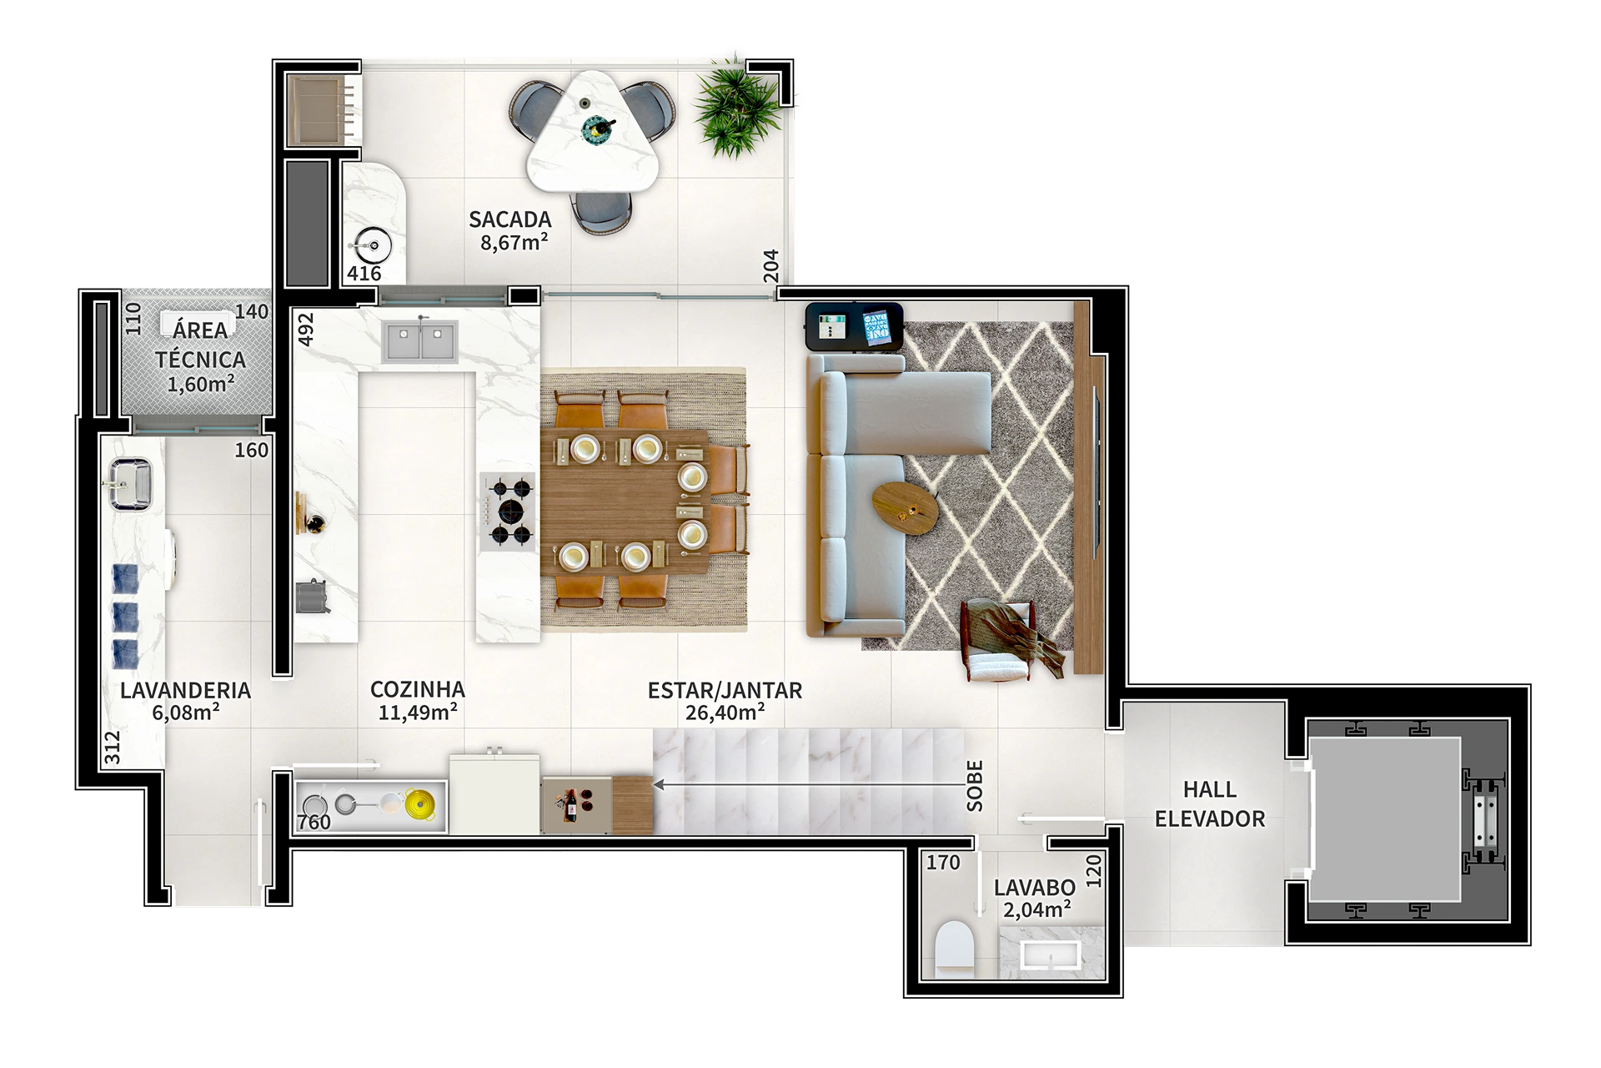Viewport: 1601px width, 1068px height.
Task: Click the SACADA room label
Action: [509, 220]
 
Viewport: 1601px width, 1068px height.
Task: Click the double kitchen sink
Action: [419, 342]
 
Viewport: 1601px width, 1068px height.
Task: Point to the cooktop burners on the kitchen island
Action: [509, 510]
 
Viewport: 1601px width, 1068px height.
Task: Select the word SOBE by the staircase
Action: [976, 786]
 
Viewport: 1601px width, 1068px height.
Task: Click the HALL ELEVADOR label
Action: [1209, 804]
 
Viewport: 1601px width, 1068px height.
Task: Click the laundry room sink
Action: [128, 483]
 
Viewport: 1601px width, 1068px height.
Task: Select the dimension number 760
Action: [314, 823]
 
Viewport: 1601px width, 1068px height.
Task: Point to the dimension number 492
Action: [305, 330]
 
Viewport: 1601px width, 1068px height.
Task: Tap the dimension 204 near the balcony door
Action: [770, 268]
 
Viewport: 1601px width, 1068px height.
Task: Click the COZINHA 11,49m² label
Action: [417, 700]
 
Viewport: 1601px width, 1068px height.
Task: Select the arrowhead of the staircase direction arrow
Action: [658, 785]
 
